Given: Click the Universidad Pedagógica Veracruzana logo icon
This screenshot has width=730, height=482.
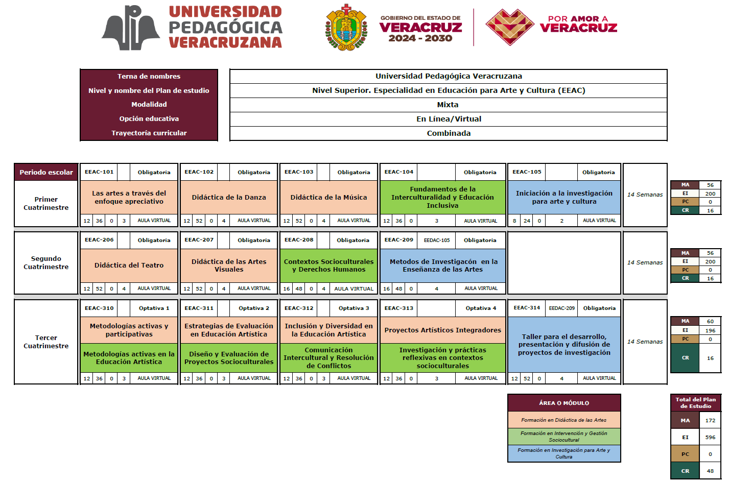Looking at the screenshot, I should [131, 28].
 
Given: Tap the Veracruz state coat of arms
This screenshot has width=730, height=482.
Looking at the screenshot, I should [347, 28].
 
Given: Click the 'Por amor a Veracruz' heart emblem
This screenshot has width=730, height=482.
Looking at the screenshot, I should [510, 27].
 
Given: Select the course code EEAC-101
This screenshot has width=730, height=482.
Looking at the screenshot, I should [99, 172].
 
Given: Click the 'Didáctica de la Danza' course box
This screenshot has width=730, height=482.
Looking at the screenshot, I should [229, 198].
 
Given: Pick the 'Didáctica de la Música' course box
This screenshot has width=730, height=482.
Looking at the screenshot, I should [328, 198].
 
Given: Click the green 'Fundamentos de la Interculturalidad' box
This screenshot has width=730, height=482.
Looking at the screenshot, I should [442, 198].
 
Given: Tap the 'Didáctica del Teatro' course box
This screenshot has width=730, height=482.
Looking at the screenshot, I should [129, 266].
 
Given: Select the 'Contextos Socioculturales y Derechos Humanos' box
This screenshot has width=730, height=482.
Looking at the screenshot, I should [328, 266].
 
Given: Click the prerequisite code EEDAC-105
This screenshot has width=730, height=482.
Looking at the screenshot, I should [437, 240].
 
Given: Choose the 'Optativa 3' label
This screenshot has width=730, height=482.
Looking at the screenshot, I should [354, 308].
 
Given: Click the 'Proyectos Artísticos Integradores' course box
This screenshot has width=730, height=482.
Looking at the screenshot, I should [442, 330].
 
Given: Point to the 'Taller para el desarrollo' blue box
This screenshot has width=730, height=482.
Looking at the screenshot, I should [564, 345].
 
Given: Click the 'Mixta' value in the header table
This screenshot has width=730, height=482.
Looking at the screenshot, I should [448, 105].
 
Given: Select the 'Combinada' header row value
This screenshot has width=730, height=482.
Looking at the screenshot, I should [449, 133].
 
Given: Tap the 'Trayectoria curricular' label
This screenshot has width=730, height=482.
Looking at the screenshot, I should [149, 133].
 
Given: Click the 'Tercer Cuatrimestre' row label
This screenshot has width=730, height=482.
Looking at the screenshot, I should [46, 342].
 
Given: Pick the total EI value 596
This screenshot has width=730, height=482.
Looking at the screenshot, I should [710, 438].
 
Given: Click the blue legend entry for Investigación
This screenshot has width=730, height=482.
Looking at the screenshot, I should [564, 453].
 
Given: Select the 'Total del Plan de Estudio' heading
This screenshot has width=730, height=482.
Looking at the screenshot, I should [695, 403].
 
